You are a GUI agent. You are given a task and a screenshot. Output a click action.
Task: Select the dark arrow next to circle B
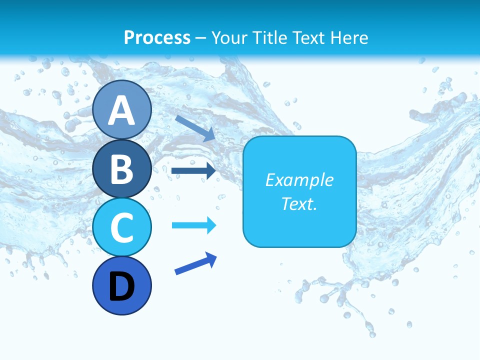pyautogui.click(x=193, y=171)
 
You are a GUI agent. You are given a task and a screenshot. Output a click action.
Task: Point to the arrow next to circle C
pyautogui.click(x=194, y=225)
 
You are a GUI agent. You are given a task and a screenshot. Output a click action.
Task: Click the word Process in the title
pyautogui.click(x=157, y=37)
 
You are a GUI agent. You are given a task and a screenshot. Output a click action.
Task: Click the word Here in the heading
pyautogui.click(x=350, y=37)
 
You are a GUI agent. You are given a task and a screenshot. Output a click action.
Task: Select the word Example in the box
pyautogui.click(x=299, y=180)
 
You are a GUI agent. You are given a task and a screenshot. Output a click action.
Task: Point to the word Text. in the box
pyautogui.click(x=299, y=203)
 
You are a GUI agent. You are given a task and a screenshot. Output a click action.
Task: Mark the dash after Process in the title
pyautogui.click(x=200, y=38)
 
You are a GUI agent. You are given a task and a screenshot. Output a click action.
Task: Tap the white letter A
pyautogui.click(x=122, y=110)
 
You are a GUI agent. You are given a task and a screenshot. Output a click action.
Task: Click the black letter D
pyautogui.click(x=122, y=286)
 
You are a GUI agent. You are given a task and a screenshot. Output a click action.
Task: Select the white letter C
pyautogui.click(x=122, y=227)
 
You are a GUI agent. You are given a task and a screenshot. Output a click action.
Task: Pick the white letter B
pyautogui.click(x=122, y=169)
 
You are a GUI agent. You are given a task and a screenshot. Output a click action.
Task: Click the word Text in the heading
pyautogui.click(x=311, y=37)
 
